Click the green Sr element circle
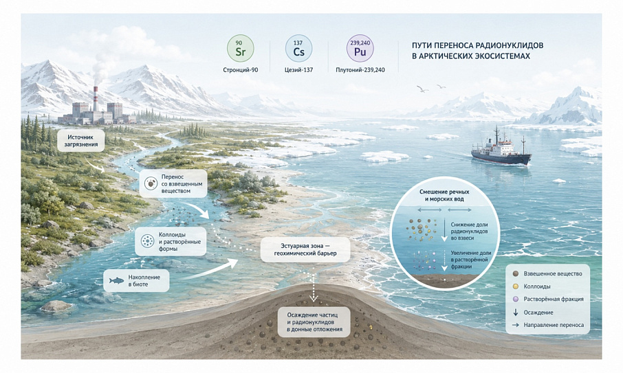(x=241, y=48)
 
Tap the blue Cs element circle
(x=299, y=48)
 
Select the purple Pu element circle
(x=360, y=48)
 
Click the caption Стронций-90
(x=241, y=70)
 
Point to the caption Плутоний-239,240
(x=360, y=70)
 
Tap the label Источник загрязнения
(x=80, y=140)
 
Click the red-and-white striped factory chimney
(x=96, y=99)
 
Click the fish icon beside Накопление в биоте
(x=116, y=281)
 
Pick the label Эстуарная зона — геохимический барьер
(x=305, y=249)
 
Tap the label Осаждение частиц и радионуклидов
(x=314, y=321)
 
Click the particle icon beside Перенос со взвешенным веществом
(x=151, y=183)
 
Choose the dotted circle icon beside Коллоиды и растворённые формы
(x=147, y=241)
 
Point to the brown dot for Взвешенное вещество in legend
(x=516, y=274)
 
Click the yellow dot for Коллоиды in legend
(x=516, y=286)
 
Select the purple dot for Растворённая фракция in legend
(x=516, y=299)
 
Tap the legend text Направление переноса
(x=554, y=325)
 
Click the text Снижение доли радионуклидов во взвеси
(x=469, y=231)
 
